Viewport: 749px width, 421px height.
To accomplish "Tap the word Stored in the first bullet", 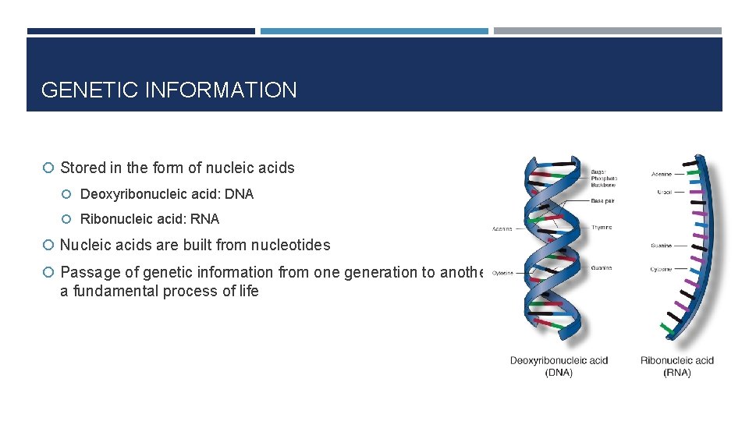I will point(81,168).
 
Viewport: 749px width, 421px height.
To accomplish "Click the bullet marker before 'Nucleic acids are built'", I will point(48,246).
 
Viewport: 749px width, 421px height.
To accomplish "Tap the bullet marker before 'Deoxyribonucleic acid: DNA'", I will point(69,194).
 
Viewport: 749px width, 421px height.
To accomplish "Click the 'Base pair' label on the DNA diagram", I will point(603,201).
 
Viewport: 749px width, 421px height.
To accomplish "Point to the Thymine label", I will point(602,228).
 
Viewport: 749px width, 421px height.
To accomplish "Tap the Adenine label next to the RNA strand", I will point(661,174).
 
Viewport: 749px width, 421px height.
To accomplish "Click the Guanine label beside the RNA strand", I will point(661,246).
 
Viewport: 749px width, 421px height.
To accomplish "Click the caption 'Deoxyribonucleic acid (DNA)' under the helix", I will point(559,366).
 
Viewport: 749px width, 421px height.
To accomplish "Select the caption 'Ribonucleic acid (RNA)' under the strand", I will point(677,366).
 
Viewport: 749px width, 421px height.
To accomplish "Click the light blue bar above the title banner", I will point(374,31).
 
